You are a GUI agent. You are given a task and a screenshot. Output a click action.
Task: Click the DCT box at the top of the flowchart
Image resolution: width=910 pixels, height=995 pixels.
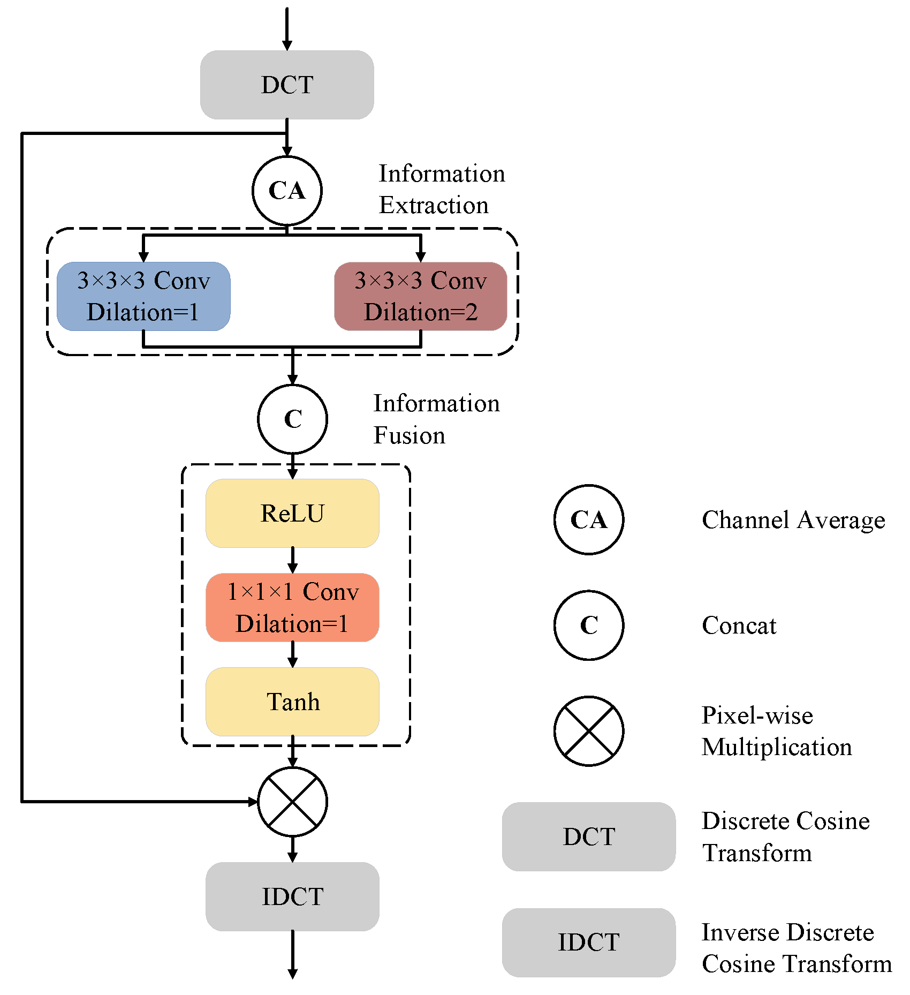pos(287,85)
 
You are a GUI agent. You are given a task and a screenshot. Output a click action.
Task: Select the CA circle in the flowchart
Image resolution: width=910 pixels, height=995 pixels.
pos(287,191)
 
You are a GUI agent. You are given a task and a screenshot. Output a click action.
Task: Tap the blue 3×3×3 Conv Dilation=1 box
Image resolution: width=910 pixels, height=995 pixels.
pos(143,296)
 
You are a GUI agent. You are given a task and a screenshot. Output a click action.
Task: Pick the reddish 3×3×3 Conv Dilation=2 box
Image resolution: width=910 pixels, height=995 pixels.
pos(421,296)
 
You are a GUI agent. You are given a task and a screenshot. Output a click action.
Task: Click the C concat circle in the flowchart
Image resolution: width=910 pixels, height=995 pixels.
pos(292,419)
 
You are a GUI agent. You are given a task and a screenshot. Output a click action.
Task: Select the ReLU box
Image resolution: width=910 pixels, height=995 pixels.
pos(292,513)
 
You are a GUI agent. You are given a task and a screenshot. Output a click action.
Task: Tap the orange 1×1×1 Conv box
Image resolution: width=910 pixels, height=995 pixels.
pos(292,607)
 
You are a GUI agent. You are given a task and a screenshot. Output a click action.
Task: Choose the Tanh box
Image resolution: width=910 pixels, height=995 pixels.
pos(292,702)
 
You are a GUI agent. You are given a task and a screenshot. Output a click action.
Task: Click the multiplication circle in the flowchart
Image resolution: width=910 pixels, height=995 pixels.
pos(292,802)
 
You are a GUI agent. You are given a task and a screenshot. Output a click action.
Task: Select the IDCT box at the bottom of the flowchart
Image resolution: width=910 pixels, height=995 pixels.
pos(292,896)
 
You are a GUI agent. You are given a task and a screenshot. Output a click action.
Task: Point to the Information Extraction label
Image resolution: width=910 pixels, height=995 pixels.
pos(441,189)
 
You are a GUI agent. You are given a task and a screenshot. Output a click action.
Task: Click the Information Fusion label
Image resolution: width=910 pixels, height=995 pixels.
pos(436,419)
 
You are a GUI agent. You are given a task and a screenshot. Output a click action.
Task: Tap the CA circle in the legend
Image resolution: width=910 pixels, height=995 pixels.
pos(589,519)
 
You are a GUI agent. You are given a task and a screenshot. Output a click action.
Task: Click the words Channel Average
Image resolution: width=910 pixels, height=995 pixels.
pos(793,520)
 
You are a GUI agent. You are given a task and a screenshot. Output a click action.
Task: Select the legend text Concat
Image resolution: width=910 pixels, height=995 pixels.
pos(739,625)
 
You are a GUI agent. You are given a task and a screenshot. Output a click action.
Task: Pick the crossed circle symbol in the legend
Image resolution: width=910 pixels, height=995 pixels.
pos(589,731)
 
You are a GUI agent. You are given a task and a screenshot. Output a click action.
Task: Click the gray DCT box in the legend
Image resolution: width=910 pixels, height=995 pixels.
pos(589,836)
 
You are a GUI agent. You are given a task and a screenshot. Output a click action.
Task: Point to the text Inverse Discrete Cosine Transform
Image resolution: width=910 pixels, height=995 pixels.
pos(797,948)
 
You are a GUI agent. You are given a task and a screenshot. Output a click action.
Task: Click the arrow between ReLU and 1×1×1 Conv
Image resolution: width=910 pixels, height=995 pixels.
pos(292,560)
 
